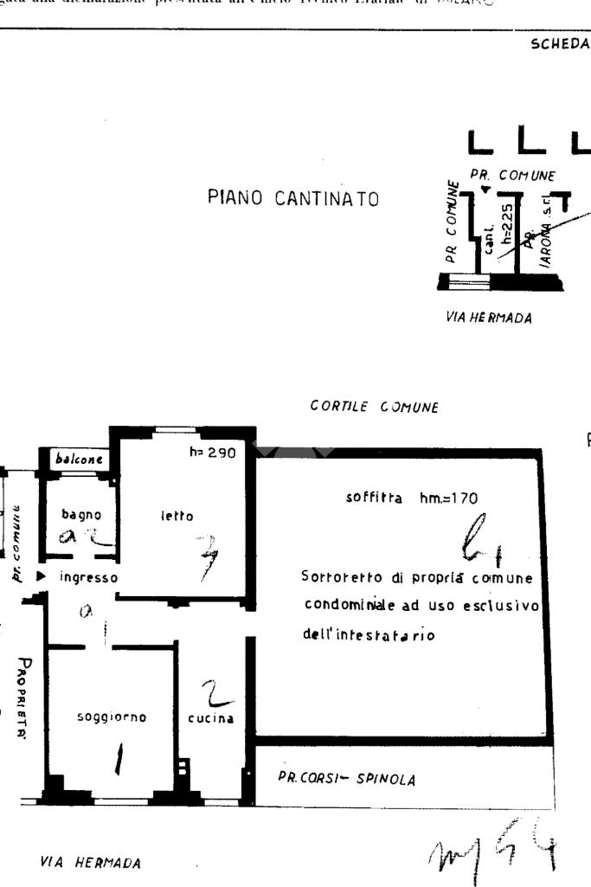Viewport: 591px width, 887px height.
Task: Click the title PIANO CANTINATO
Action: [292, 198]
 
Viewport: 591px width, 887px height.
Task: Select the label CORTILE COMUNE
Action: [375, 406]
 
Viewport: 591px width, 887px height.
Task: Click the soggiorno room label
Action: [112, 717]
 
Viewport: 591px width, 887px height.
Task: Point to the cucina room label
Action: [210, 718]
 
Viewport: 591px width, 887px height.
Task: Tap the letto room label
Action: [175, 516]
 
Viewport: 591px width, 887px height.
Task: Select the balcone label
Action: [79, 460]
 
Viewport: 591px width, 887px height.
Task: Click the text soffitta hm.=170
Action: [411, 498]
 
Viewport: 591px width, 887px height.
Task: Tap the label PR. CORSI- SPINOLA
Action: [346, 778]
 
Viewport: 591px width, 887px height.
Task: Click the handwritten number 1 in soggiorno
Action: [117, 759]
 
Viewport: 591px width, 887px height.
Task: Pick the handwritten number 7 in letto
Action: [206, 555]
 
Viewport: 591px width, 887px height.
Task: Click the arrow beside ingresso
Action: [40, 575]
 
